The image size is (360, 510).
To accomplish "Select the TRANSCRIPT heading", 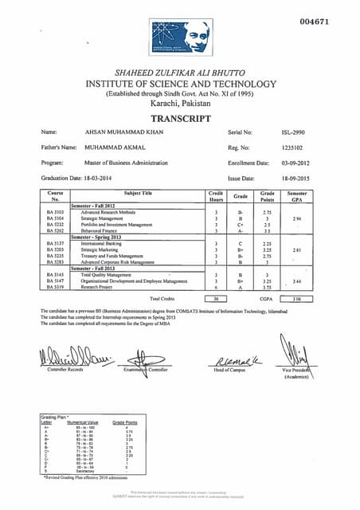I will [180, 118].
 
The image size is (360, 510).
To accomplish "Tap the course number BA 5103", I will [55, 212].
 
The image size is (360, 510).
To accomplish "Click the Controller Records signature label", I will [65, 371].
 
